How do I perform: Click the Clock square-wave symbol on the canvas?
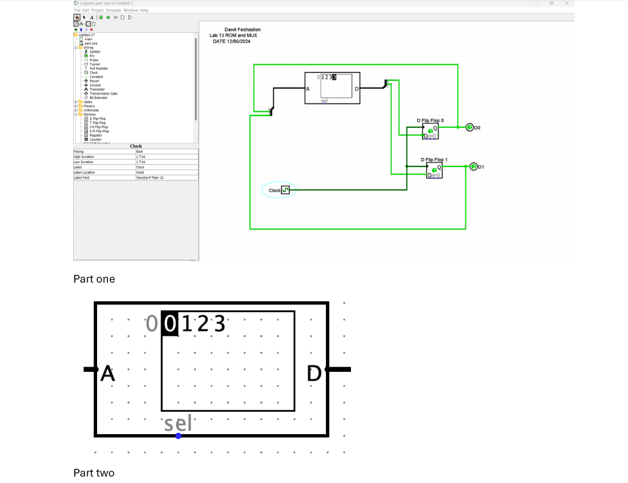click(x=286, y=190)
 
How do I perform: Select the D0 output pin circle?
click(x=469, y=127)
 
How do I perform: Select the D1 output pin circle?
click(x=473, y=167)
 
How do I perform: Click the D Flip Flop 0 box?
click(x=430, y=131)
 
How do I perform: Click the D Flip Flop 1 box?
click(x=434, y=170)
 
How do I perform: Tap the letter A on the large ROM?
click(x=108, y=373)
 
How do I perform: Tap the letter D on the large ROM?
click(x=314, y=373)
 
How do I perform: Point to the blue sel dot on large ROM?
click(x=178, y=436)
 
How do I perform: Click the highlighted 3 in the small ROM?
click(x=334, y=77)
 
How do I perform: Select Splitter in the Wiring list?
click(x=94, y=51)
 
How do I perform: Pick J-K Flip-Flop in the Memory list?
click(x=98, y=127)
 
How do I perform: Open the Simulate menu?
click(x=113, y=10)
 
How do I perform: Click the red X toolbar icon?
click(x=91, y=30)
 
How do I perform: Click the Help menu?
click(x=144, y=10)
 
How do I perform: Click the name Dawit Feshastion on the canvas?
click(x=242, y=30)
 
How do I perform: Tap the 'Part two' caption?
click(x=94, y=473)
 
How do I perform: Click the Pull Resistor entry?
click(x=98, y=68)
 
